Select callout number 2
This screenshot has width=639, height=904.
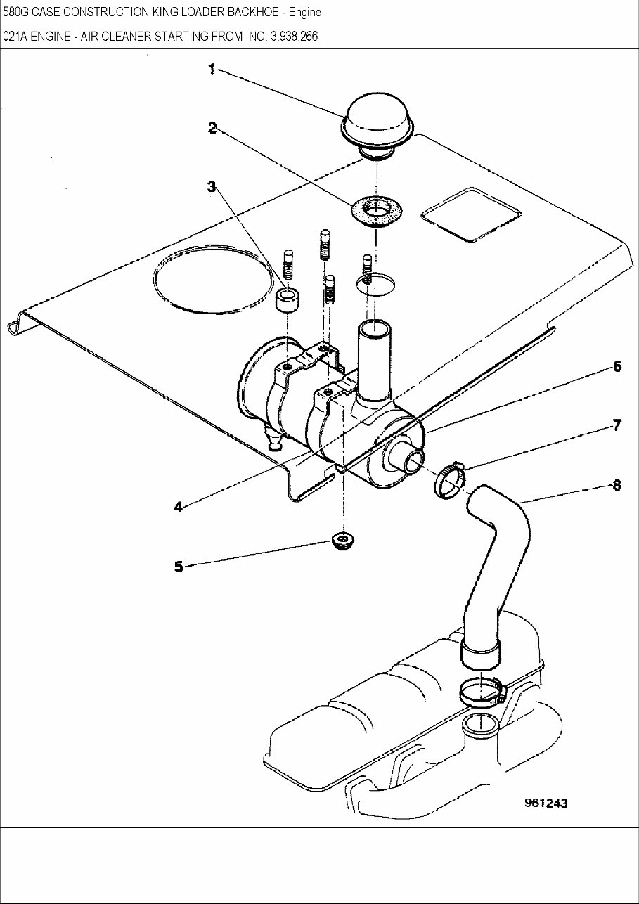(x=211, y=127)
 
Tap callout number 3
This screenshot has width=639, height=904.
(x=211, y=186)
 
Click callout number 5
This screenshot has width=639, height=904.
(x=179, y=566)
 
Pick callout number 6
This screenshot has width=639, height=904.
(x=617, y=366)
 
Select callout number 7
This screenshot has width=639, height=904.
(x=617, y=425)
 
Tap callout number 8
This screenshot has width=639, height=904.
(x=617, y=485)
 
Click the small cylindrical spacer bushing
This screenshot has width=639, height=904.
(x=287, y=300)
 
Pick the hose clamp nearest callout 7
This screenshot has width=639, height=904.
(x=450, y=480)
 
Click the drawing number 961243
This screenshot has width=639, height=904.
(x=545, y=803)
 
